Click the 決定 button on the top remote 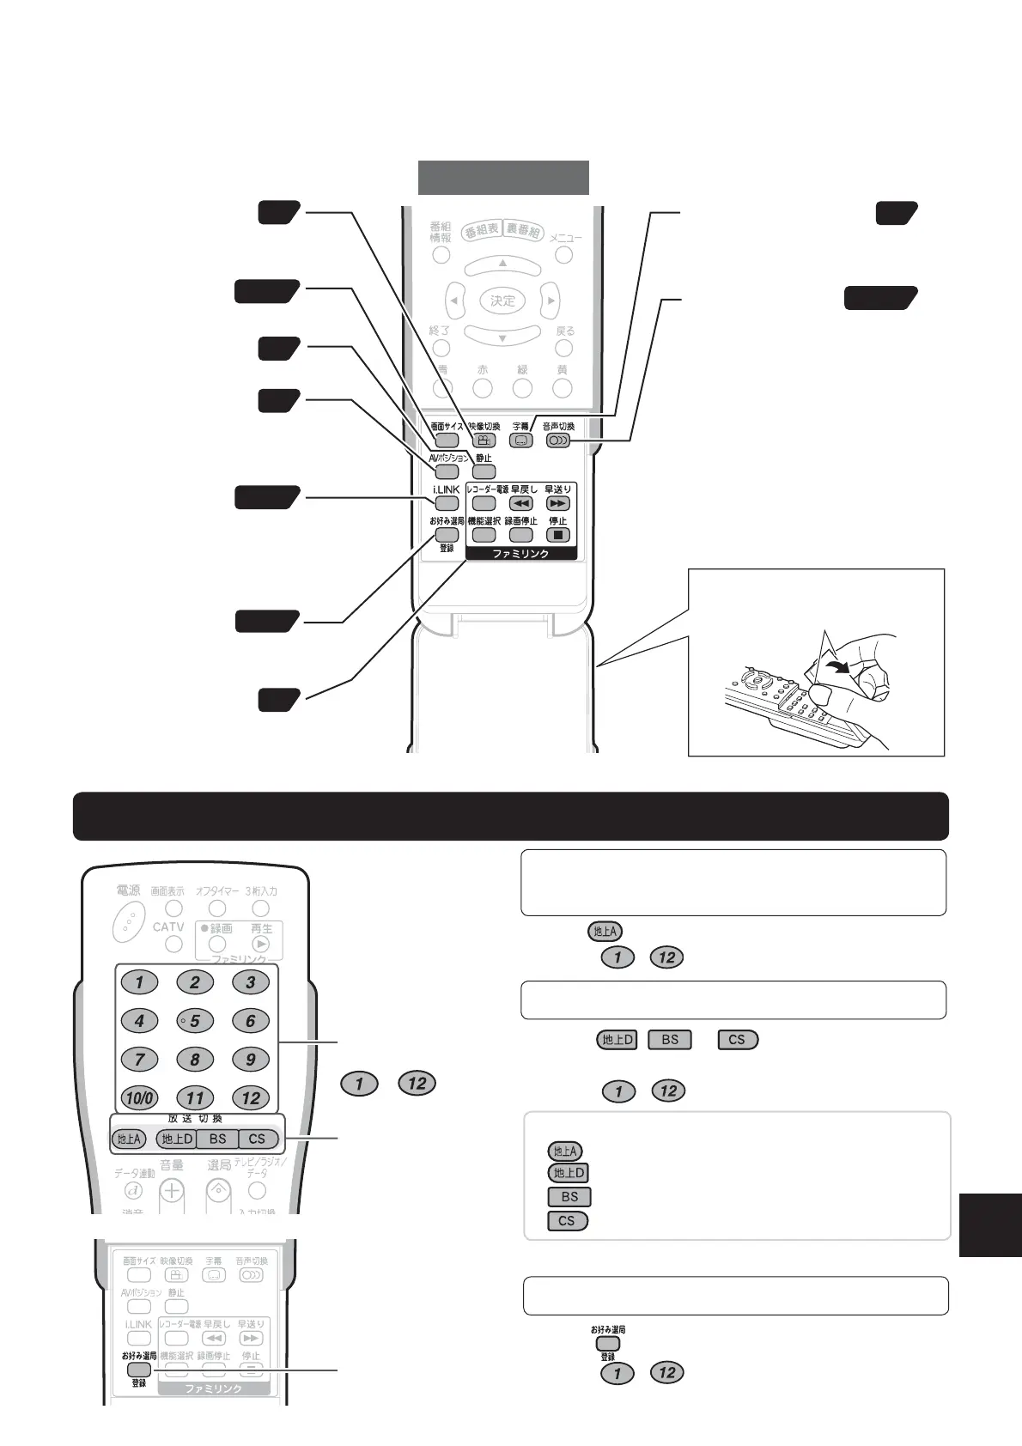(502, 301)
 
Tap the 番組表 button (482, 231)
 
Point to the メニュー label (565, 238)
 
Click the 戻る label (564, 331)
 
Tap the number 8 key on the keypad (195, 1059)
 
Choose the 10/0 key (139, 1097)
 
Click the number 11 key (195, 1097)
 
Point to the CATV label (168, 927)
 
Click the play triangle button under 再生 (261, 945)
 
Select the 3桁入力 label (261, 891)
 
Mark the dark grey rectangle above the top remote (503, 178)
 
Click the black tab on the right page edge (989, 1224)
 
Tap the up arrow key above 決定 (502, 264)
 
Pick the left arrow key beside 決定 (455, 301)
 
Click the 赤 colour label (483, 370)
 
